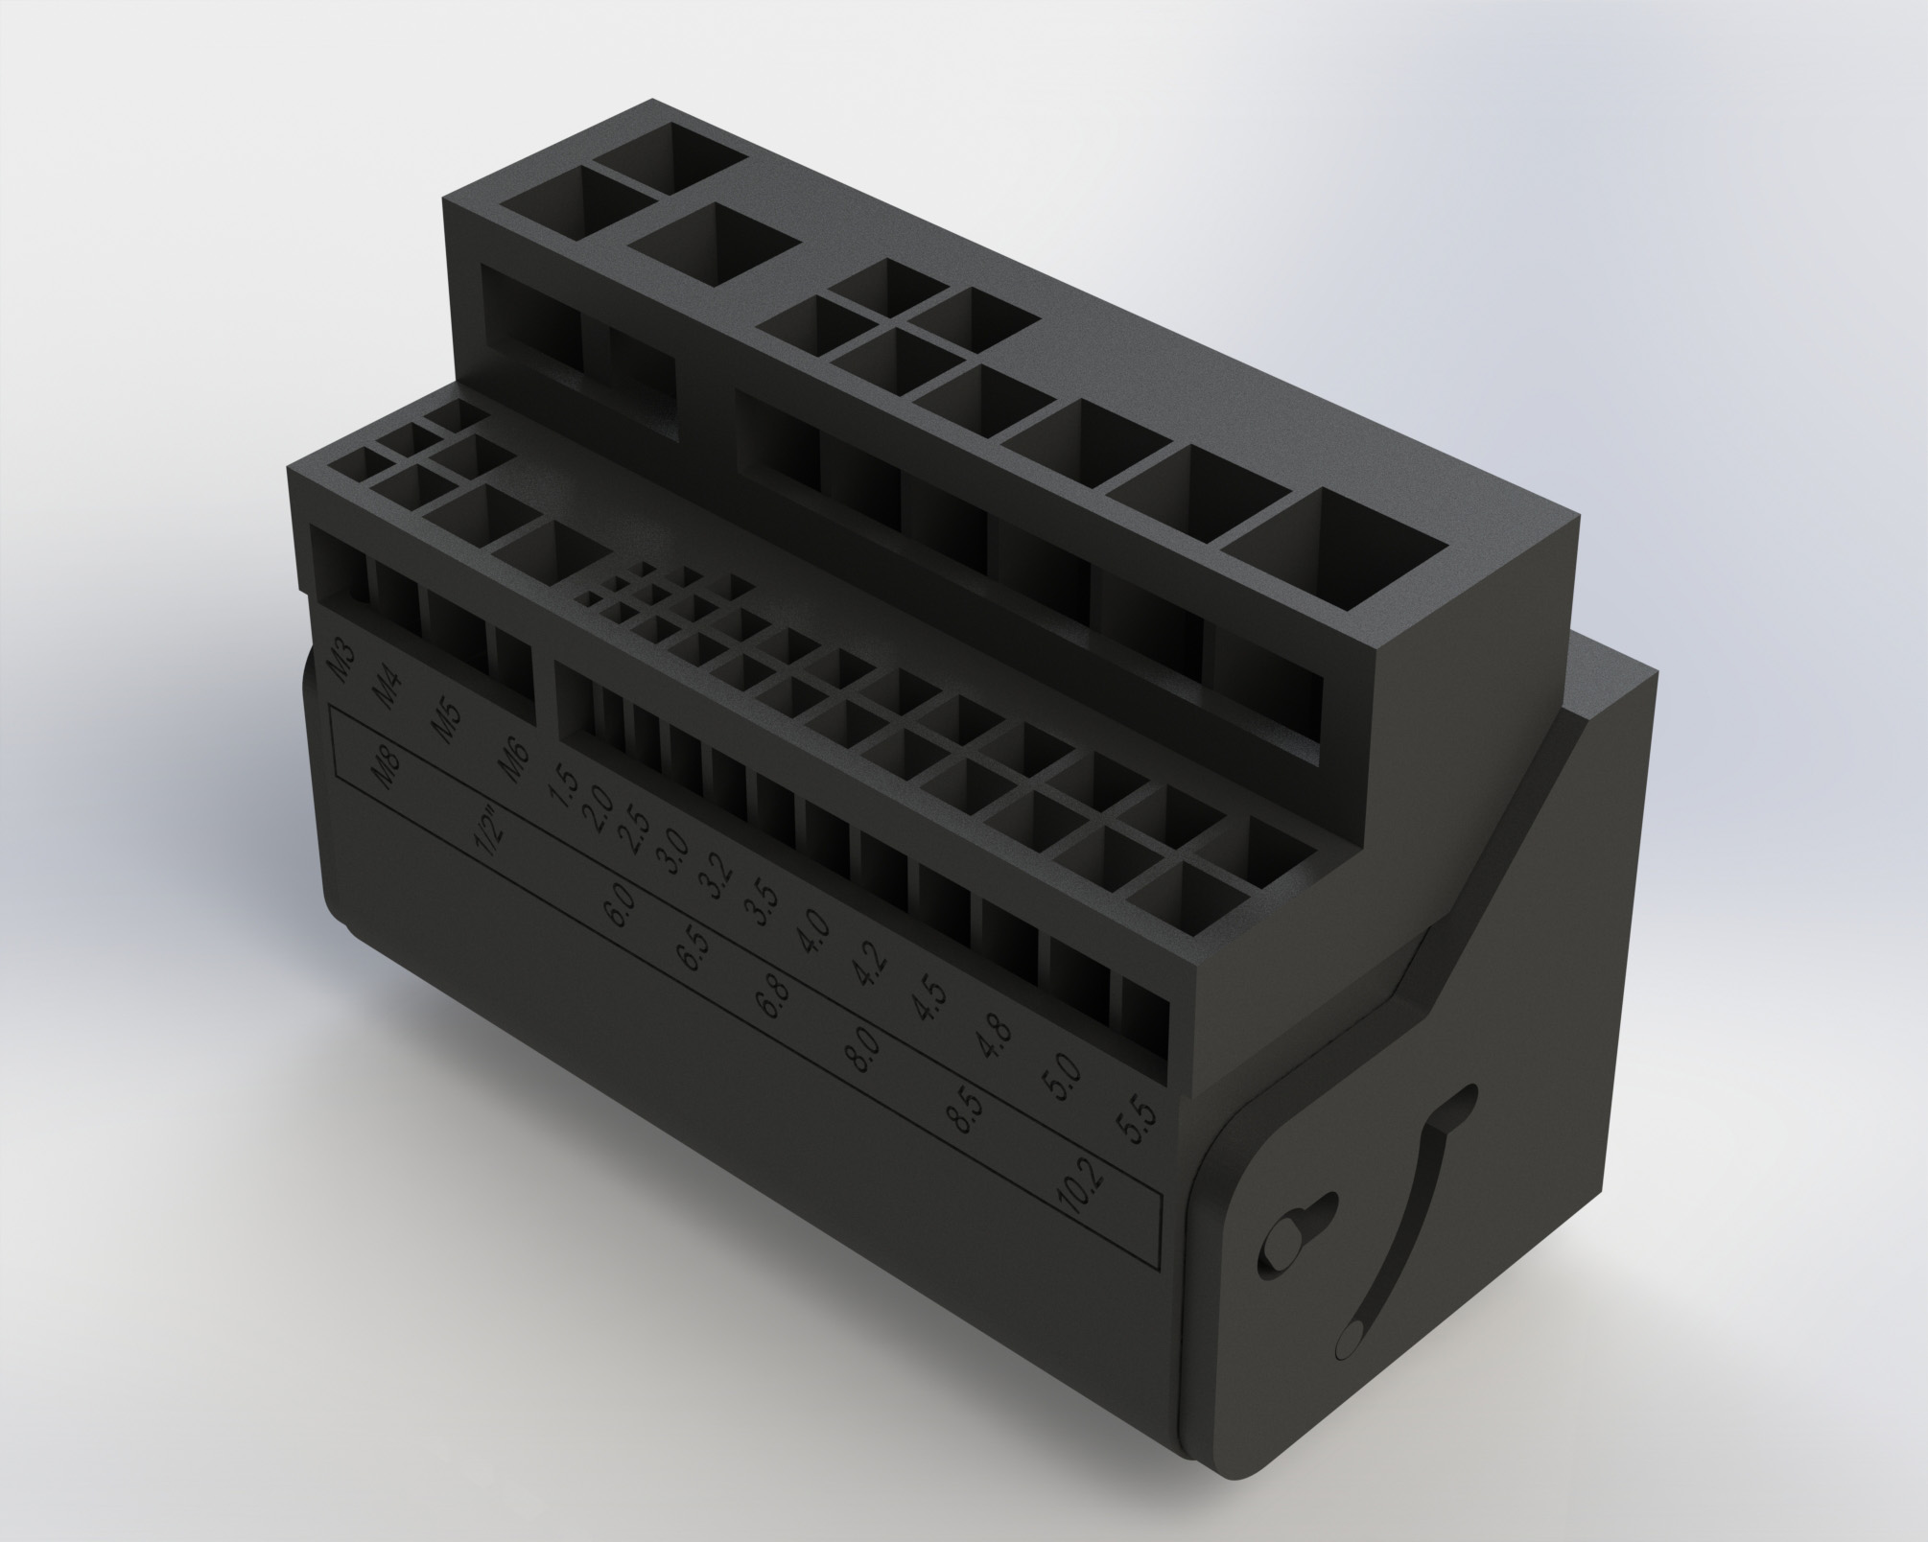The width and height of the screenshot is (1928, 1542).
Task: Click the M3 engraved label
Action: [343, 660]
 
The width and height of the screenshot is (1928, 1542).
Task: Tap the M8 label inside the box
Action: [388, 770]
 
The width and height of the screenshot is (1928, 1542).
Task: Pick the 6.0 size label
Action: [619, 904]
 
